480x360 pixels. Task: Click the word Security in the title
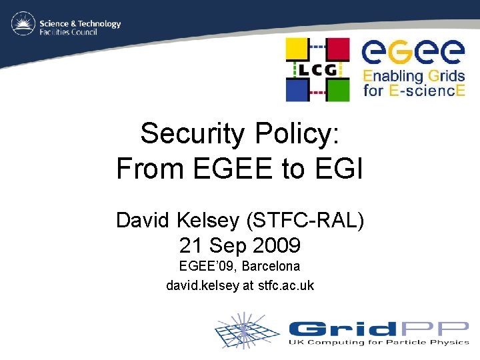(x=193, y=134)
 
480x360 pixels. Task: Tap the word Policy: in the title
(x=297, y=134)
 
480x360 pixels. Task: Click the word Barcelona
(x=271, y=266)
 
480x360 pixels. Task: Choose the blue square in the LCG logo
(x=298, y=88)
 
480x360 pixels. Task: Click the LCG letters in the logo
(x=317, y=69)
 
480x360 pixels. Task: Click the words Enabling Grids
(x=413, y=74)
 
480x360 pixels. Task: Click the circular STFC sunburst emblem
(x=23, y=24)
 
